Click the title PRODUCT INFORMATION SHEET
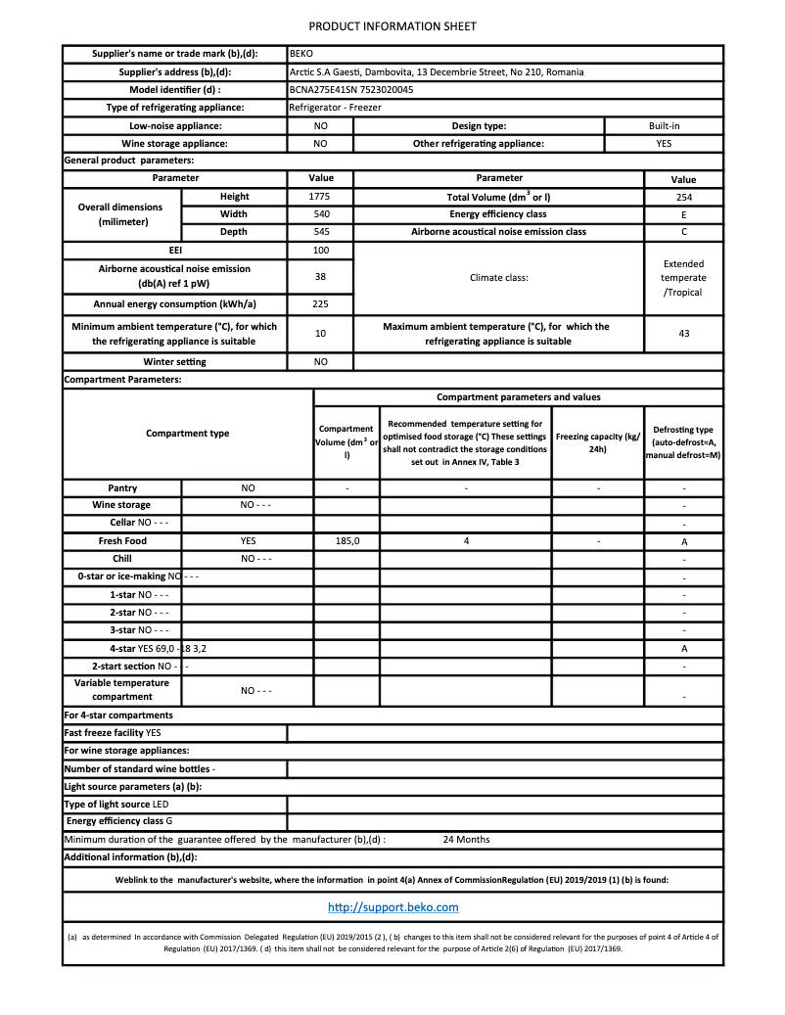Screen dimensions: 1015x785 pos(392,26)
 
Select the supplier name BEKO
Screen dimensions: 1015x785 pos(300,54)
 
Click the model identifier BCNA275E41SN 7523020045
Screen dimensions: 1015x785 pos(351,89)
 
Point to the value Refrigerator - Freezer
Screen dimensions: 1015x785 pos(335,107)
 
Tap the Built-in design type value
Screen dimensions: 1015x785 pos(664,125)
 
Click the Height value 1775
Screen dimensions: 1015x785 pos(319,197)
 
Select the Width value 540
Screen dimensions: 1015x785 pos(319,214)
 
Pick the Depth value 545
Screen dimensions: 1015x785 pos(319,232)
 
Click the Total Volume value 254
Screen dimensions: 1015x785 pos(683,197)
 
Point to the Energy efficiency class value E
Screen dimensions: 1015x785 pos(683,214)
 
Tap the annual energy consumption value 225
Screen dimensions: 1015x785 pos(319,304)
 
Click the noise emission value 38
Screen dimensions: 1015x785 pos(319,277)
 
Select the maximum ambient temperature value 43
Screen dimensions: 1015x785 pos(683,334)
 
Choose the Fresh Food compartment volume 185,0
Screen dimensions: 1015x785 pos(347,541)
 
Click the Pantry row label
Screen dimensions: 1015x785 pos(122,487)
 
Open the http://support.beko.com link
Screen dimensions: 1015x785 pos(392,907)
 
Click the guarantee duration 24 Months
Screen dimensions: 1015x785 pos(466,840)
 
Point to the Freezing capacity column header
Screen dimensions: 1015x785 pos(597,442)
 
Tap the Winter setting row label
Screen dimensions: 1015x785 pos(174,362)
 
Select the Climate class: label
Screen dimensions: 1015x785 pos(498,277)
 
